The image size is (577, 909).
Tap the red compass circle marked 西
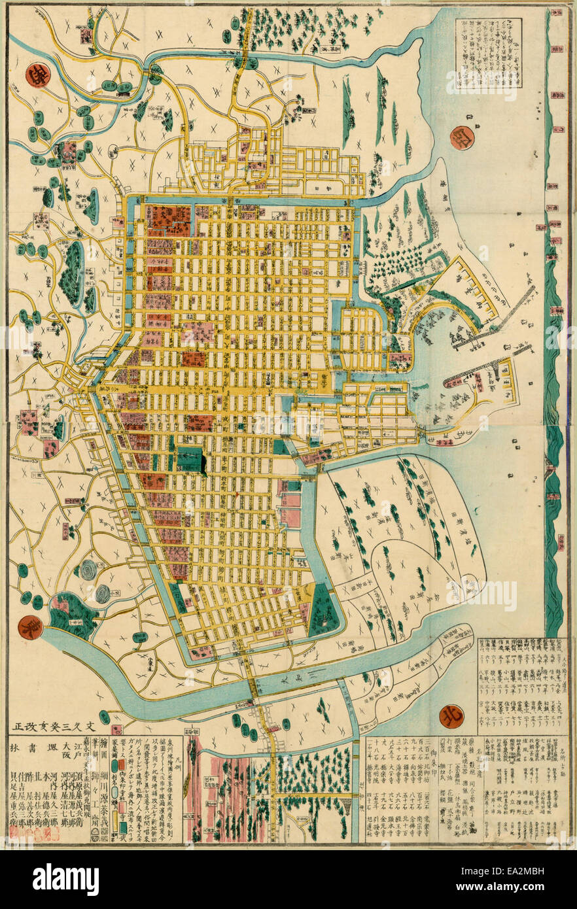pyautogui.click(x=463, y=138)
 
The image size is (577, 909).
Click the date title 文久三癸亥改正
pyautogui.click(x=55, y=726)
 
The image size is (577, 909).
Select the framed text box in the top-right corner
pyautogui.click(x=489, y=53)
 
